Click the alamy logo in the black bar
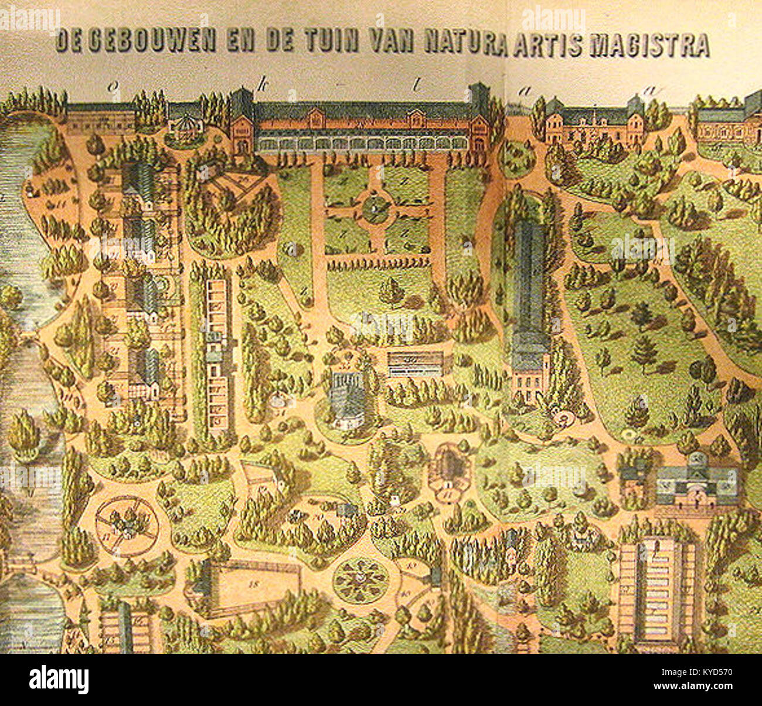pyautogui.click(x=59, y=680)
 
